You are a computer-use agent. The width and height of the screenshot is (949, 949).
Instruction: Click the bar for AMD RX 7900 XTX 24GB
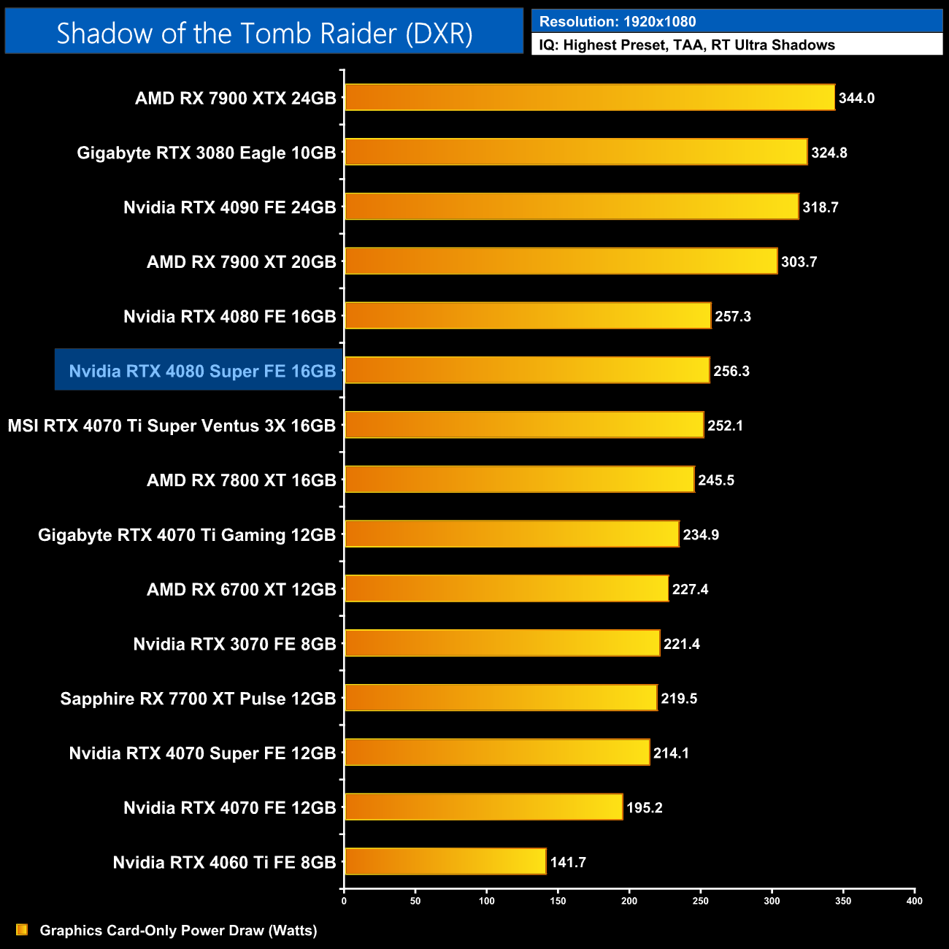tap(589, 98)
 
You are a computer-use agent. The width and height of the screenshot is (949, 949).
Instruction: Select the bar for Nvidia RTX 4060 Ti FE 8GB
tap(445, 861)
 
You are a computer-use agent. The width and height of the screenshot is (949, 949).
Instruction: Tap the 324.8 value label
tap(829, 153)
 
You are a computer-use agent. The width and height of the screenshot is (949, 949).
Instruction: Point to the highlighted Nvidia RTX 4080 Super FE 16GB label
tap(202, 371)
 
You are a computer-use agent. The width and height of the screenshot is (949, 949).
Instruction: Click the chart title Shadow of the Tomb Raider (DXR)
tap(264, 33)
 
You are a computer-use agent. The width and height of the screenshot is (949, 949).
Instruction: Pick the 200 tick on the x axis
tap(629, 901)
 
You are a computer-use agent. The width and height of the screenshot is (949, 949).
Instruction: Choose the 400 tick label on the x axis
tap(914, 901)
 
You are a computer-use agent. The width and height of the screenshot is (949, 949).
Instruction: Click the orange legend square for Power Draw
tap(22, 929)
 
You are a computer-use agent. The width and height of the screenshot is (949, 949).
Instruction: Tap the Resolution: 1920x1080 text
tap(618, 22)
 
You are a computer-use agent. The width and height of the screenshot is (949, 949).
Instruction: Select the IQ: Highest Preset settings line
tap(687, 45)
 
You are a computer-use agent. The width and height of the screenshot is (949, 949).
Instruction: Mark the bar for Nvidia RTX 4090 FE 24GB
tap(572, 207)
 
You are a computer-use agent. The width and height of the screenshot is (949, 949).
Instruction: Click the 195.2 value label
tap(644, 807)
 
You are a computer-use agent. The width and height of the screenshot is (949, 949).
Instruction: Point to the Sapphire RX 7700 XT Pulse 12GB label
tap(198, 699)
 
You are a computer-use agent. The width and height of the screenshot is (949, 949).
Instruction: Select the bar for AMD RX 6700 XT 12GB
tap(506, 588)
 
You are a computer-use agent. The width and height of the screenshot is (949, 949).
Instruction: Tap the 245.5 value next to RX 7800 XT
tap(715, 480)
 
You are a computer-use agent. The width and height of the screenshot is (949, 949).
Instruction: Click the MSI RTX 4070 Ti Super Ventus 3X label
tap(172, 426)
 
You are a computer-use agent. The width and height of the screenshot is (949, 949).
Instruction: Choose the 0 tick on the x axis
tap(344, 901)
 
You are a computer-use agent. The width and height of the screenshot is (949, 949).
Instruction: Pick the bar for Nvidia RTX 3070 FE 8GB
tap(502, 643)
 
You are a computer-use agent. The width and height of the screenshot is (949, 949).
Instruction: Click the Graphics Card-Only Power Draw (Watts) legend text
tap(178, 930)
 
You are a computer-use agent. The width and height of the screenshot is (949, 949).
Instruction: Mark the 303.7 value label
tap(799, 261)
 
